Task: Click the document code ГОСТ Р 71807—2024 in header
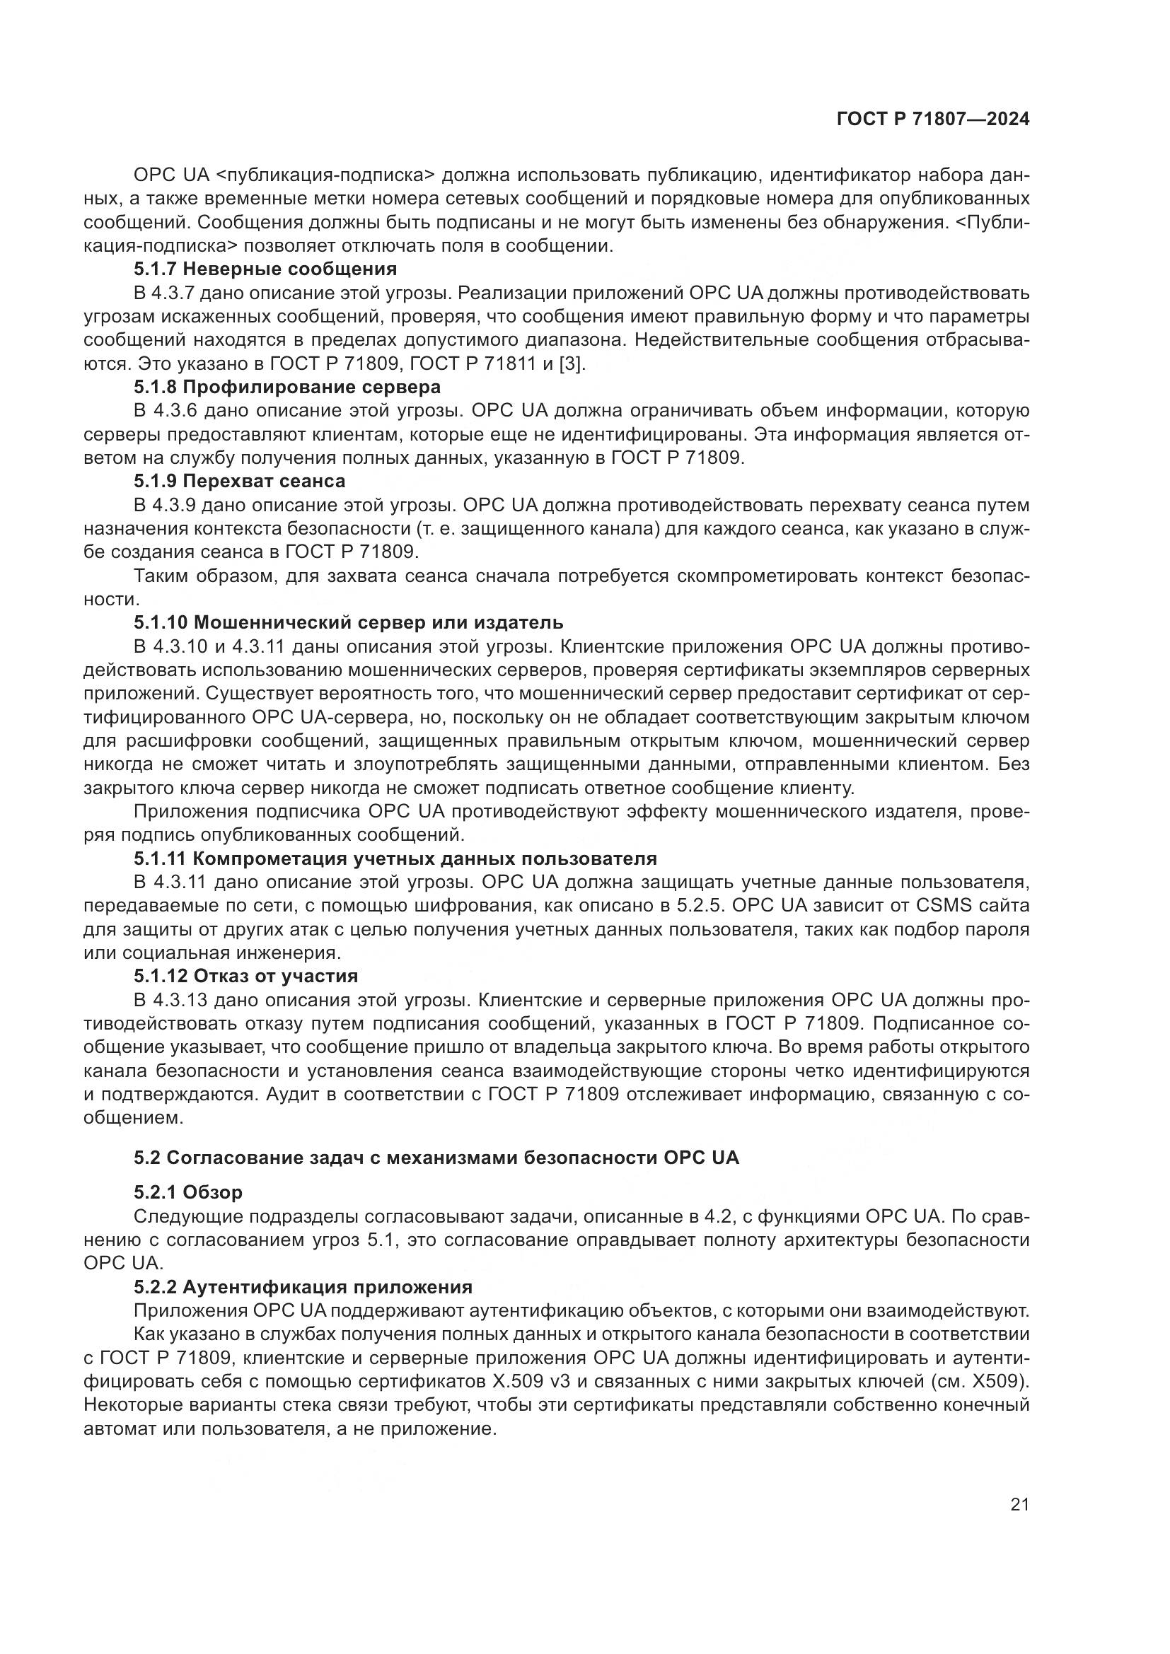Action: coord(932,120)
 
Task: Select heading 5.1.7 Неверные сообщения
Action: coord(265,269)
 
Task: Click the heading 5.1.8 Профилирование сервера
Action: coord(286,388)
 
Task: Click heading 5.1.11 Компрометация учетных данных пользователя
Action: coord(395,858)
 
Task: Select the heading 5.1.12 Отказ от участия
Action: coord(245,976)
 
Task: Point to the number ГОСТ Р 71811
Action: coord(473,363)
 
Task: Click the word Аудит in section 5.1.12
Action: coord(290,1094)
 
